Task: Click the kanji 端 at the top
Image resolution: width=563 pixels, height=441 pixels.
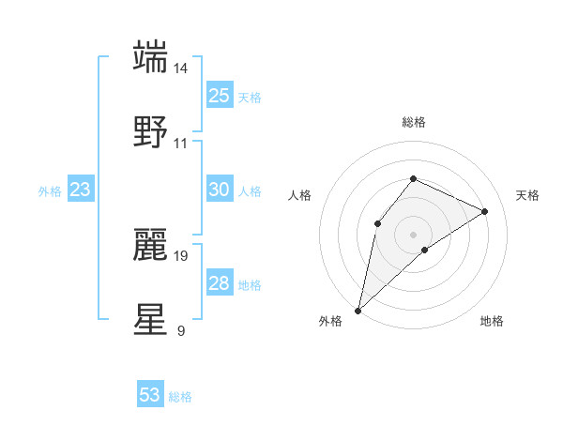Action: tap(151, 56)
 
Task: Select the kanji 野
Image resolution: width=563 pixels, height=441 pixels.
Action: tap(151, 131)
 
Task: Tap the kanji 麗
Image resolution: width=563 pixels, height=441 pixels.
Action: tap(151, 244)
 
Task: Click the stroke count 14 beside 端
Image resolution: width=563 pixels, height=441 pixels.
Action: tap(181, 68)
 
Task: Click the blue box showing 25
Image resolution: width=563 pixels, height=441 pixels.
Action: tap(219, 96)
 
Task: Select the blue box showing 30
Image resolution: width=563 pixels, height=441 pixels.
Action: tap(219, 190)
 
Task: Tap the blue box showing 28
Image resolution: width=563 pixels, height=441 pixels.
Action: tap(219, 283)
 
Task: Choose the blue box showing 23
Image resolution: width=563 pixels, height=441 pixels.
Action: tap(80, 190)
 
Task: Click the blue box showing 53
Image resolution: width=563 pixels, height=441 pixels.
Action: tap(149, 395)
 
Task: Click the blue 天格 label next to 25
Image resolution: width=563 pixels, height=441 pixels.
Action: tap(250, 97)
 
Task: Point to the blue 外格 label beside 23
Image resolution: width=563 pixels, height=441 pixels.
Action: tap(50, 190)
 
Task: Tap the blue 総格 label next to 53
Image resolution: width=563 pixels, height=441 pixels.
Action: tap(180, 396)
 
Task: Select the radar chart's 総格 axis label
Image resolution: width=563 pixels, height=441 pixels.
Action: tap(413, 122)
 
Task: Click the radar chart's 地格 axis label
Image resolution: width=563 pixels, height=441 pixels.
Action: tap(492, 321)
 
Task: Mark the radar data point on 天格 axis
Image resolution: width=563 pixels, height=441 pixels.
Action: tap(485, 211)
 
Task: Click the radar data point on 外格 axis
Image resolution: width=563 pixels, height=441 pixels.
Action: tap(358, 310)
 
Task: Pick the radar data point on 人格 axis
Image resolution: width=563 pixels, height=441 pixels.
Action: tap(377, 223)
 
